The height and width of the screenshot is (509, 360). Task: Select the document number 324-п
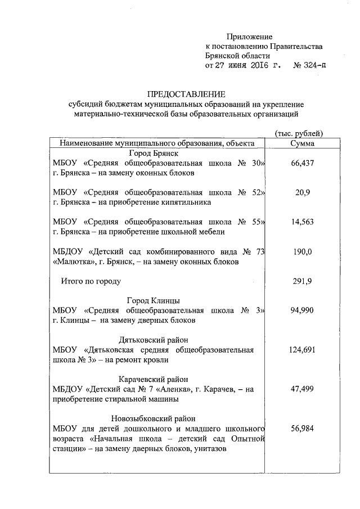click(x=314, y=65)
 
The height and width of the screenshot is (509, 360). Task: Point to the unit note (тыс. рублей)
click(x=299, y=133)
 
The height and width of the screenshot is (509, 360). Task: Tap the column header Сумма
click(x=302, y=143)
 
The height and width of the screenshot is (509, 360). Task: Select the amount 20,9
click(x=302, y=192)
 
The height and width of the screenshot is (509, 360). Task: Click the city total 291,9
click(x=302, y=280)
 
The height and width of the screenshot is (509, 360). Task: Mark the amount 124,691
click(x=302, y=350)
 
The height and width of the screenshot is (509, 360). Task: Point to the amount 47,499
click(x=302, y=389)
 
